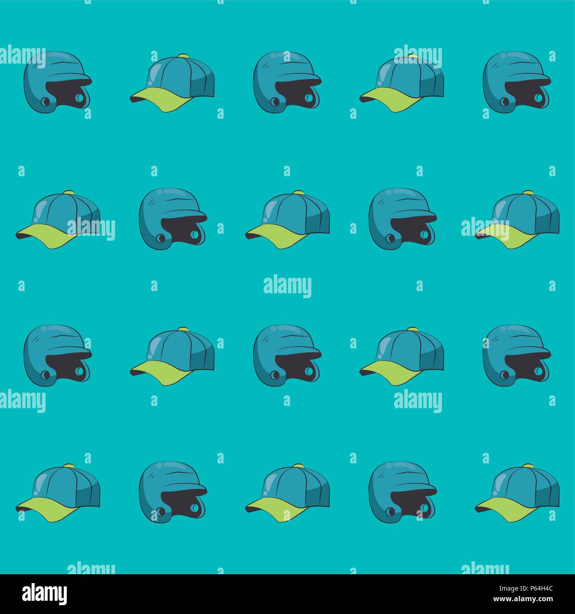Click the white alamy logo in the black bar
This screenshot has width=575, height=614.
tap(44, 594)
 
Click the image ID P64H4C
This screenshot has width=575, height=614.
tap(538, 588)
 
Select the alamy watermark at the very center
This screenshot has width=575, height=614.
tap(287, 287)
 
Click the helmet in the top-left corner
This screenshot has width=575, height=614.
tap(57, 82)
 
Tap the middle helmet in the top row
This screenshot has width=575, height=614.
tap(287, 82)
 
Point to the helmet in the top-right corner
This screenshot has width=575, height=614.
tap(517, 82)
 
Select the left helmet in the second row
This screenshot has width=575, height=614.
tap(173, 219)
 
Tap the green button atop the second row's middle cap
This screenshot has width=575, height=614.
tap(298, 192)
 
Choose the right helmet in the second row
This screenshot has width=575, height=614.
tap(402, 219)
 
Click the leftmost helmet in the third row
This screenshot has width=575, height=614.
tap(57, 356)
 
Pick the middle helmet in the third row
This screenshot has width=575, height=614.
tap(287, 356)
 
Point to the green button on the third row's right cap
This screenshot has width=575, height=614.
tap(413, 329)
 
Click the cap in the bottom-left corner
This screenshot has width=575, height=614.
tap(58, 493)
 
